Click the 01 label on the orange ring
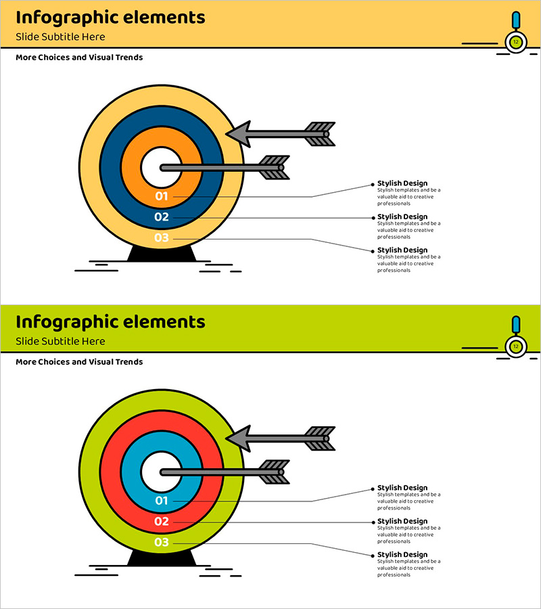coord(161,196)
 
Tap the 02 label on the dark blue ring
coord(161,217)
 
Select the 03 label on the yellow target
coord(161,238)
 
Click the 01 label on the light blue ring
coord(161,501)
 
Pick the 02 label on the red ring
coord(161,522)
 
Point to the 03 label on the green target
coord(161,543)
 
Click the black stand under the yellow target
coord(161,254)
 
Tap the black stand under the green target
coord(161,559)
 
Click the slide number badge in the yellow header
coord(516,42)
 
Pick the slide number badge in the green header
coord(516,346)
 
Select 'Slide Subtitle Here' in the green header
coord(60,341)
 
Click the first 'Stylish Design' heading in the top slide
coord(402,183)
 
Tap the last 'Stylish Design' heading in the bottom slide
coord(402,555)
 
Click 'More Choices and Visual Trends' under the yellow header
coord(79,58)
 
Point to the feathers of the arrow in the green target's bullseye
coord(274,472)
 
